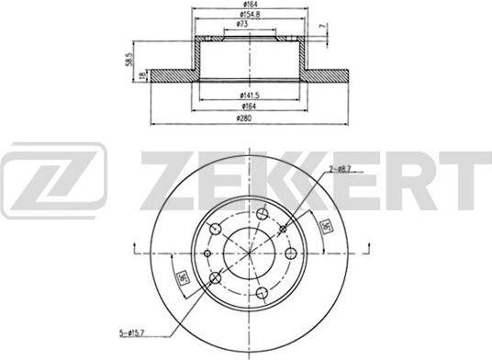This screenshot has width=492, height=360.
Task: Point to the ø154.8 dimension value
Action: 242,15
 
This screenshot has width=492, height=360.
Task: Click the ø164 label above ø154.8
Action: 242,6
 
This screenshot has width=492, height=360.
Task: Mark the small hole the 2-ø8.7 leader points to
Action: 283,229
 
